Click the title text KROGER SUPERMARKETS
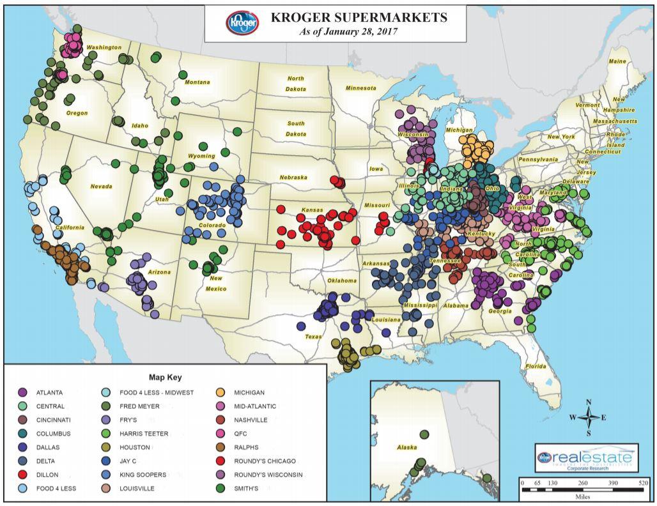click(x=359, y=18)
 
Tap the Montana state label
click(x=197, y=82)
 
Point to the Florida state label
click(x=536, y=366)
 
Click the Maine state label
click(x=617, y=61)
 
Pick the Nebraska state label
click(x=293, y=177)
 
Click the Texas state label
click(x=313, y=336)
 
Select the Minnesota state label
click(x=361, y=88)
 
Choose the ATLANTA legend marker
click(x=22, y=392)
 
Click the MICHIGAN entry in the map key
click(x=249, y=392)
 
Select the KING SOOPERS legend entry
click(x=143, y=475)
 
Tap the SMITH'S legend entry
click(x=249, y=489)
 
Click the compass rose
click(x=589, y=417)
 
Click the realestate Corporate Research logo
click(x=586, y=459)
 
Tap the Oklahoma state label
click(x=341, y=280)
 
